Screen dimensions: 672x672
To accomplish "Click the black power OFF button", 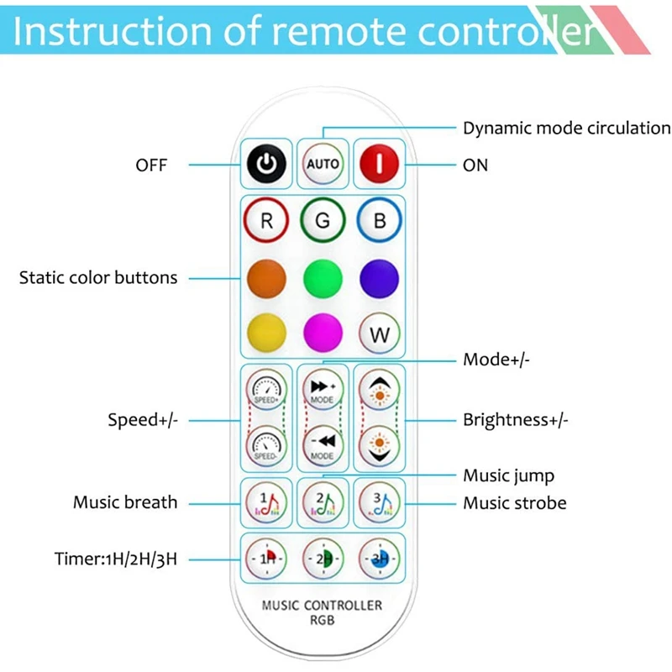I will [x=266, y=164].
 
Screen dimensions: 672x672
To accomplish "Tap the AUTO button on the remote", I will [x=323, y=164].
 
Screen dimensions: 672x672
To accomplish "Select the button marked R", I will [x=266, y=222].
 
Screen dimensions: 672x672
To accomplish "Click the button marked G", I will [x=323, y=222].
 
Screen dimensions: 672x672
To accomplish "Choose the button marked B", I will [x=379, y=222].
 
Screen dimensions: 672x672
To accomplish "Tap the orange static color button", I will [x=266, y=277].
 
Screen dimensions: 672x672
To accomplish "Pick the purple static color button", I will [x=379, y=277].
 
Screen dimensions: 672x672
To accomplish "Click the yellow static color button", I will [x=266, y=333].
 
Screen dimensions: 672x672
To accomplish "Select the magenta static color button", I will [x=323, y=333].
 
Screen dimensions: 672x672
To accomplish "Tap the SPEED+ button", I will [x=266, y=391].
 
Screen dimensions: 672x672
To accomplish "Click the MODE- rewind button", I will [x=323, y=445].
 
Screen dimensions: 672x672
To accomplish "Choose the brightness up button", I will [x=379, y=391].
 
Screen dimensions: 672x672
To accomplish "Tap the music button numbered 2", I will [x=323, y=502].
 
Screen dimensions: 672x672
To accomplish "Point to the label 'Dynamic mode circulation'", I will [x=566, y=129].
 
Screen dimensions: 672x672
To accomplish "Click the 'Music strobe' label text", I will [x=514, y=503].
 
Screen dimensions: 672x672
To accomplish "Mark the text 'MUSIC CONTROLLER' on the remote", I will [x=322, y=605].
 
